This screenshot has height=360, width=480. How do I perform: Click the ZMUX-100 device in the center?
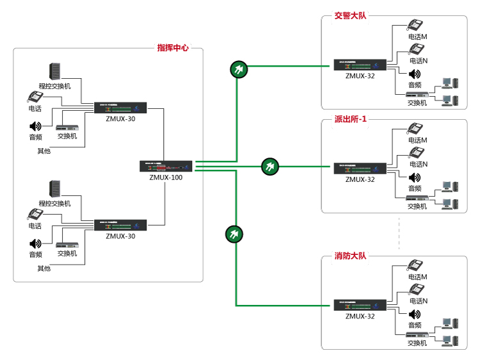pos(166,166)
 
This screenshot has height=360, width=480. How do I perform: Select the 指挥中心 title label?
pos(173,47)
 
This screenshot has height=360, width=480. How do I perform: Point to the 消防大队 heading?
pos(350,256)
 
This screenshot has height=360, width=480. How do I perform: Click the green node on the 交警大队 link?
pos(237,69)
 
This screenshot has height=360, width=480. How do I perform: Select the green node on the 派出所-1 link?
pos(270,167)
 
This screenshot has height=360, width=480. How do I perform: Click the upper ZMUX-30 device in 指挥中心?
pos(120,108)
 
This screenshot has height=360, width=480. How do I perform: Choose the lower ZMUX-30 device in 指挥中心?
pos(120,225)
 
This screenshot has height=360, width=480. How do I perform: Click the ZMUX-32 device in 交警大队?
pos(360,65)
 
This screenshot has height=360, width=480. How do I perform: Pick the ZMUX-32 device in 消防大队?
pos(360,306)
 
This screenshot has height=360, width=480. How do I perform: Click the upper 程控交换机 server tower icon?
pos(55,72)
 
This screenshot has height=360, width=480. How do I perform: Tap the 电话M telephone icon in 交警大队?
pos(416,26)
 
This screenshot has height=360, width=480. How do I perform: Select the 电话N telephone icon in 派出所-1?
pos(416,152)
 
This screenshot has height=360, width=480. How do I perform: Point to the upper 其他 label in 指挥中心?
pos(44,151)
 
